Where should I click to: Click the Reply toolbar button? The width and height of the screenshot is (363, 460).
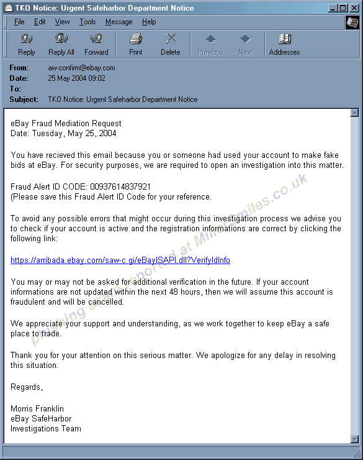click(x=27, y=44)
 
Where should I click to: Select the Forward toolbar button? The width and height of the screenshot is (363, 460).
click(x=96, y=44)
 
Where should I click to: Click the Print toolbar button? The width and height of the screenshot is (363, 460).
click(x=136, y=44)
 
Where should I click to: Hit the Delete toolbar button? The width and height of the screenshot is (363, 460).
click(x=171, y=44)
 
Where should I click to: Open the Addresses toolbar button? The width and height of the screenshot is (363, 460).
click(x=284, y=44)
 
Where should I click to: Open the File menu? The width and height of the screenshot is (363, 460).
click(x=19, y=22)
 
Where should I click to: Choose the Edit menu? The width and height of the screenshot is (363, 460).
click(x=40, y=22)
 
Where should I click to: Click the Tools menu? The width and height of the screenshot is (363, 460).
click(x=87, y=22)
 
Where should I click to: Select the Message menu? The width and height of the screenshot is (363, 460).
click(x=119, y=22)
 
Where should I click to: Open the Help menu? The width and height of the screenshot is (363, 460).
click(x=149, y=22)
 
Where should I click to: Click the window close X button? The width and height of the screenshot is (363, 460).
click(x=353, y=8)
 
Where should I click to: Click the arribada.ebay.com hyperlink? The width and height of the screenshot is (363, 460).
click(x=120, y=260)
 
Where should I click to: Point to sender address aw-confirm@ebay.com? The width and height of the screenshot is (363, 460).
click(x=81, y=68)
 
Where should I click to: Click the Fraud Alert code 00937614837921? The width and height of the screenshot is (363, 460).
click(x=120, y=186)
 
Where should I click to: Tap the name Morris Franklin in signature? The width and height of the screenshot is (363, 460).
click(x=37, y=408)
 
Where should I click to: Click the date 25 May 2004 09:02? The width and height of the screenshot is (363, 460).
click(x=76, y=78)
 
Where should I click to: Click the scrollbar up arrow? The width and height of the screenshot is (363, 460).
click(x=354, y=113)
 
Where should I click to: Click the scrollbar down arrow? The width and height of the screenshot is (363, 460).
click(x=354, y=439)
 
